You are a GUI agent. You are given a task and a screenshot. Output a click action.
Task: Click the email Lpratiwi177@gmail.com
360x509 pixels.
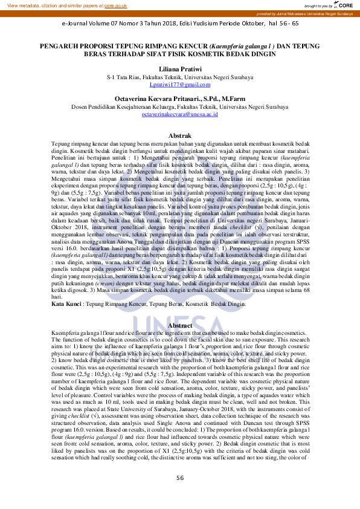pyautogui.click(x=179, y=85)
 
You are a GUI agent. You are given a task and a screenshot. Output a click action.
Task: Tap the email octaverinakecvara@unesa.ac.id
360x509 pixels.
pyautogui.click(x=179, y=114)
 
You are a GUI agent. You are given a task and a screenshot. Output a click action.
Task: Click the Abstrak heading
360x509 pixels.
pyautogui.click(x=179, y=135)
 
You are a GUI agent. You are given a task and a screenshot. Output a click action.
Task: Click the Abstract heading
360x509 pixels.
pyautogui.click(x=179, y=326)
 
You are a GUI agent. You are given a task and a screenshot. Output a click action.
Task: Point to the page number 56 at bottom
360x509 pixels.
pyautogui.click(x=180, y=495)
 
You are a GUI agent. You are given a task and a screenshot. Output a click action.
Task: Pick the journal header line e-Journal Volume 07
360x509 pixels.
pyautogui.click(x=97, y=24)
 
